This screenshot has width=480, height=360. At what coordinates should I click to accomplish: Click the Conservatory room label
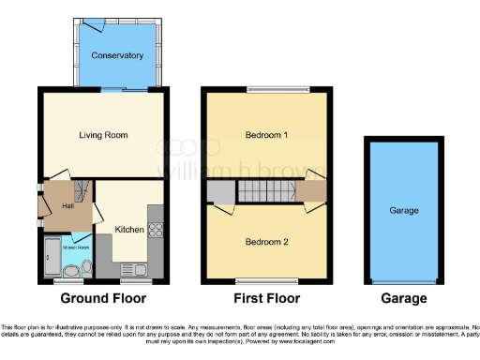[117, 56]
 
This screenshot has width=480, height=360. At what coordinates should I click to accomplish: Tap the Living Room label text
[103, 135]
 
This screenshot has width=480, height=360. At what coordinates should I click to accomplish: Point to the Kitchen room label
[128, 229]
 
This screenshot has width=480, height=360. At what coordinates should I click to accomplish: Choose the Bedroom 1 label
[266, 135]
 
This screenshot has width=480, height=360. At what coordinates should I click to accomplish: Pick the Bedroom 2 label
[266, 242]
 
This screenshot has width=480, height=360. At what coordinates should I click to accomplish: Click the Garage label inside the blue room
[403, 212]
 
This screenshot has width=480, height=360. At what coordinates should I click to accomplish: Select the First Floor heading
[266, 299]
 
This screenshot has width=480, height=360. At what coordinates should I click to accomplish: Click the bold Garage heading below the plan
[403, 299]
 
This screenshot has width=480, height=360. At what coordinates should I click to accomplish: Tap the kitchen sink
[141, 270]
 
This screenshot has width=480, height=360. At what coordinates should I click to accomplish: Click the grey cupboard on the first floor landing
[220, 193]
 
